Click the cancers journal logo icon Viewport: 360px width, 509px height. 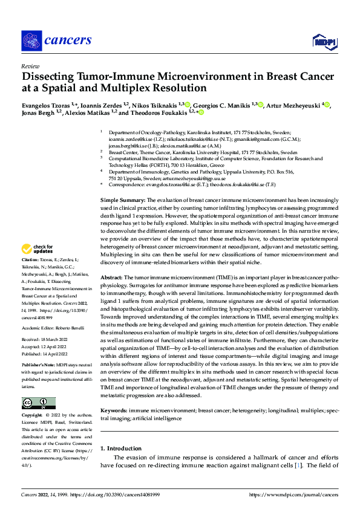pos(31,41)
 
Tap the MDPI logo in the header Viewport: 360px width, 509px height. pos(322,41)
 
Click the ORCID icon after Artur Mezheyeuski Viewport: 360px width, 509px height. pos(328,105)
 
